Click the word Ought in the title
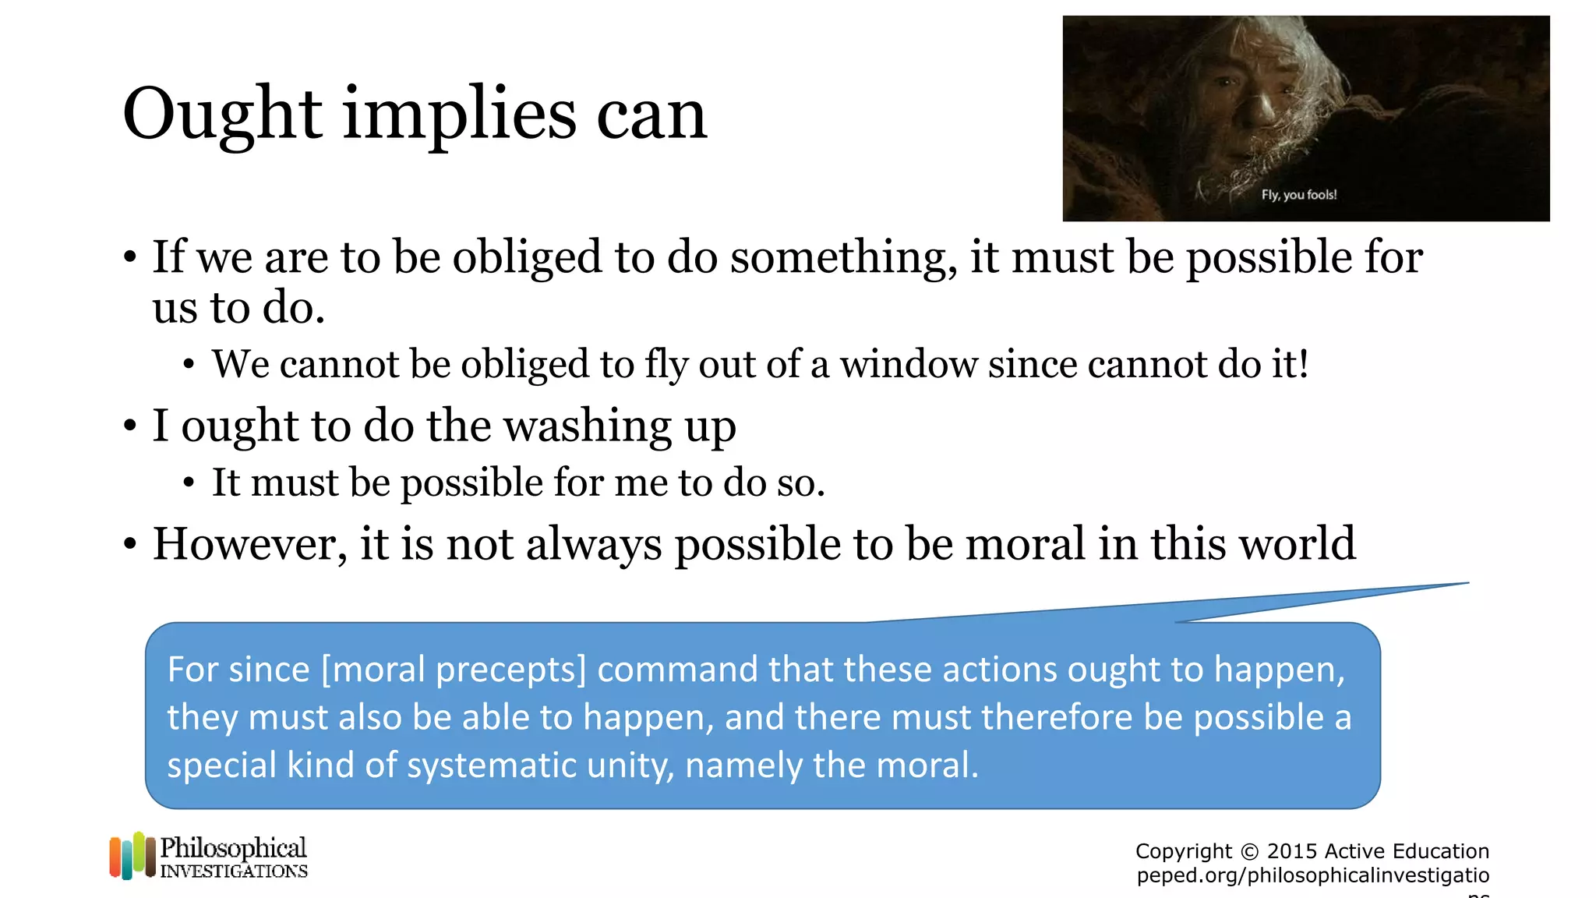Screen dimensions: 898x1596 pos(222,115)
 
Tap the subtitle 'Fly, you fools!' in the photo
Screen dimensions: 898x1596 pos(1299,195)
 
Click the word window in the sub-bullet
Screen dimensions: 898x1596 pos(908,364)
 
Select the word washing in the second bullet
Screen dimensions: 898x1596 pos(588,426)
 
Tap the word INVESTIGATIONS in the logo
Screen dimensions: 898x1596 pos(234,871)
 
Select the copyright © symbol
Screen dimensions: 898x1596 pos(1249,851)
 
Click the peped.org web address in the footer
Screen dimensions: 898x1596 pos(1312,875)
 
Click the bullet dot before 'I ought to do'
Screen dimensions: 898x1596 pos(130,427)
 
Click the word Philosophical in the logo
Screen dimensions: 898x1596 pos(233,848)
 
